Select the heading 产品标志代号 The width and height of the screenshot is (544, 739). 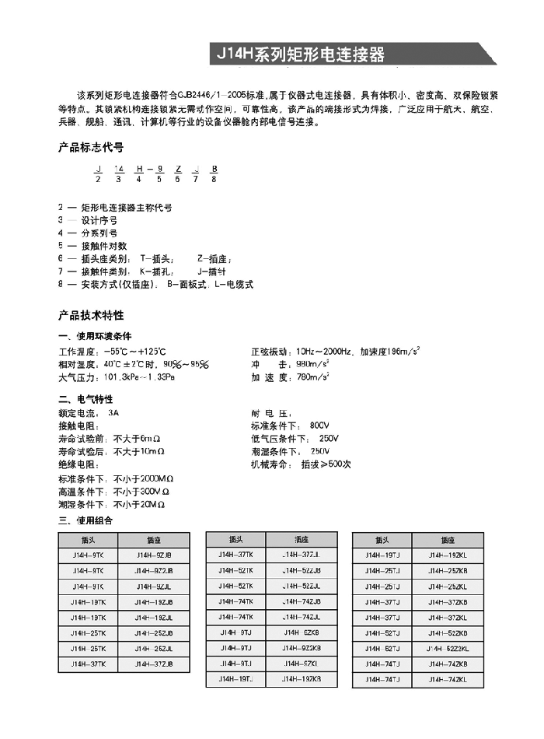91,147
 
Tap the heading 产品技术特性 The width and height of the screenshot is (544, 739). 91,316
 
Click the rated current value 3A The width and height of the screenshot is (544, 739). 114,412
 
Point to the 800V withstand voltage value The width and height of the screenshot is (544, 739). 319,426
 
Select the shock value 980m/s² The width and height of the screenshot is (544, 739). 308,363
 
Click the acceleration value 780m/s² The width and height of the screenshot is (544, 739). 308,377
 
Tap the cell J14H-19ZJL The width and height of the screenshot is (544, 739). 154,617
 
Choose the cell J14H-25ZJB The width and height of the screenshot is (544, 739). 154,632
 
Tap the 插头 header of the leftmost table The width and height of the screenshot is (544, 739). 87,539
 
